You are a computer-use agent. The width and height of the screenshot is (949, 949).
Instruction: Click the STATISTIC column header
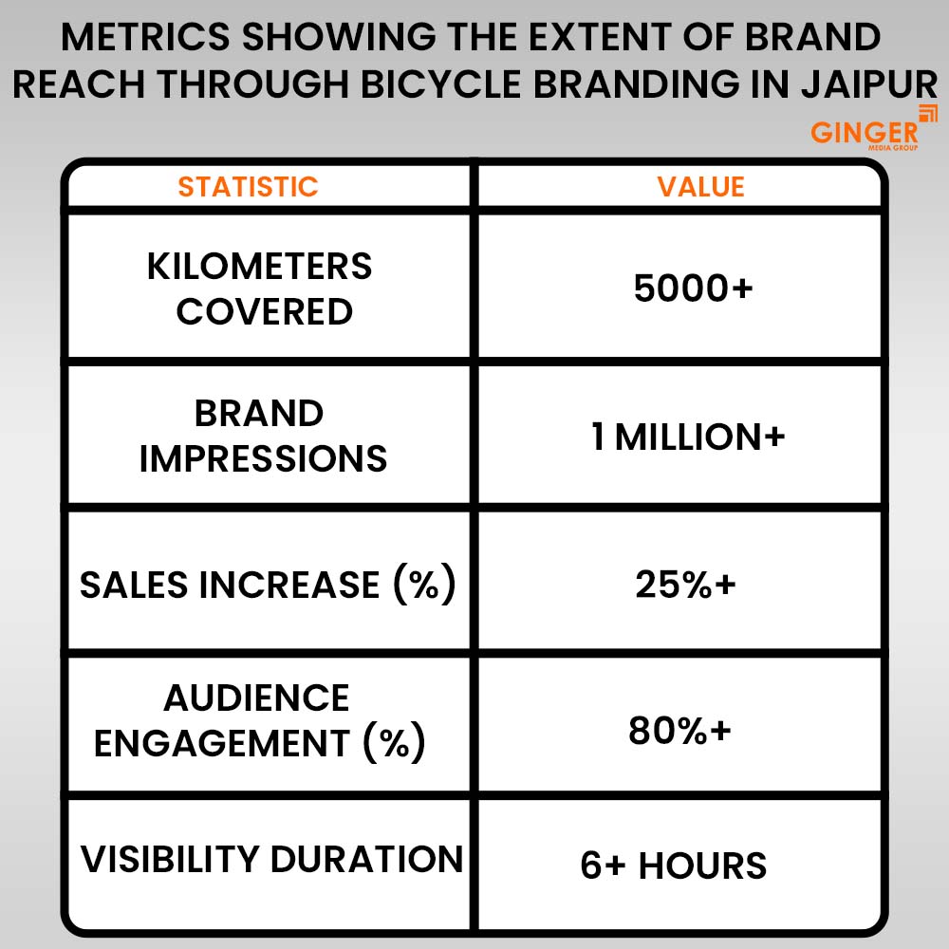248,186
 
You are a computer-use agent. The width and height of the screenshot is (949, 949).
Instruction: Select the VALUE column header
700,186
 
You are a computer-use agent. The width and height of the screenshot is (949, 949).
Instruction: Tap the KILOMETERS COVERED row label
260,288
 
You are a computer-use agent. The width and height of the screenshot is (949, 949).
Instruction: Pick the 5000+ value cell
693,288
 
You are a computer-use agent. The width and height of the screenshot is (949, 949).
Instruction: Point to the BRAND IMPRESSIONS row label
263,437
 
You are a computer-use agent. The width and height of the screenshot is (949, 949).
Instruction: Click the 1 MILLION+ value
689,437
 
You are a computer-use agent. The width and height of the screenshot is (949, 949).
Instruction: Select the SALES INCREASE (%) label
267,585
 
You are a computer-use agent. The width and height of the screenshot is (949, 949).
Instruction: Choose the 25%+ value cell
685,585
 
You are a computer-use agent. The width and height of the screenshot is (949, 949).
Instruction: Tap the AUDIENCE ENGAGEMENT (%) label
259,721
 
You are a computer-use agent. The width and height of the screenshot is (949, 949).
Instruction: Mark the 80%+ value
679,732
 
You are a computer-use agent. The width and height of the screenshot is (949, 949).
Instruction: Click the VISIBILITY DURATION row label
271,860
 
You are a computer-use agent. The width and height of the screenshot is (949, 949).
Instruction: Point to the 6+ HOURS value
674,865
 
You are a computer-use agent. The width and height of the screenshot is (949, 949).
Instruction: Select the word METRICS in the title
144,38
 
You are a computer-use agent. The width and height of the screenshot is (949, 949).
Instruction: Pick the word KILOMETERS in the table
260,267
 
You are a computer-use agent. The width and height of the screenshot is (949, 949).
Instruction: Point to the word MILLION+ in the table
700,437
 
